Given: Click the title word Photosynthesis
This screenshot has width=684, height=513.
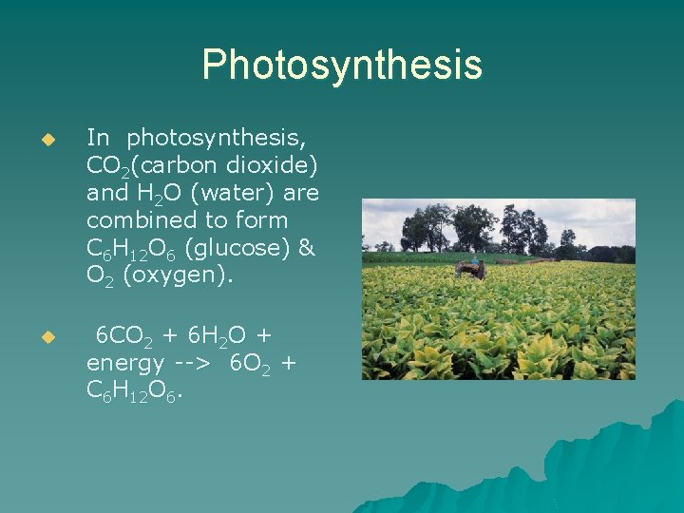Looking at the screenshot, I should click(x=342, y=66).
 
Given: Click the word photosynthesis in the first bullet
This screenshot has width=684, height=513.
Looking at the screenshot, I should click(x=216, y=140).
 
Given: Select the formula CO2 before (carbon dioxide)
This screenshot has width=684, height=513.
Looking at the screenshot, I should click(x=104, y=167).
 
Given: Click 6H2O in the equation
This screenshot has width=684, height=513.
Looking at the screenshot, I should click(x=215, y=336).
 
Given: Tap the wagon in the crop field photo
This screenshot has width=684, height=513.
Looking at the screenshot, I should click(x=468, y=270).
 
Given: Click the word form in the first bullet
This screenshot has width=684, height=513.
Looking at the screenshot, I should click(x=269, y=219).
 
